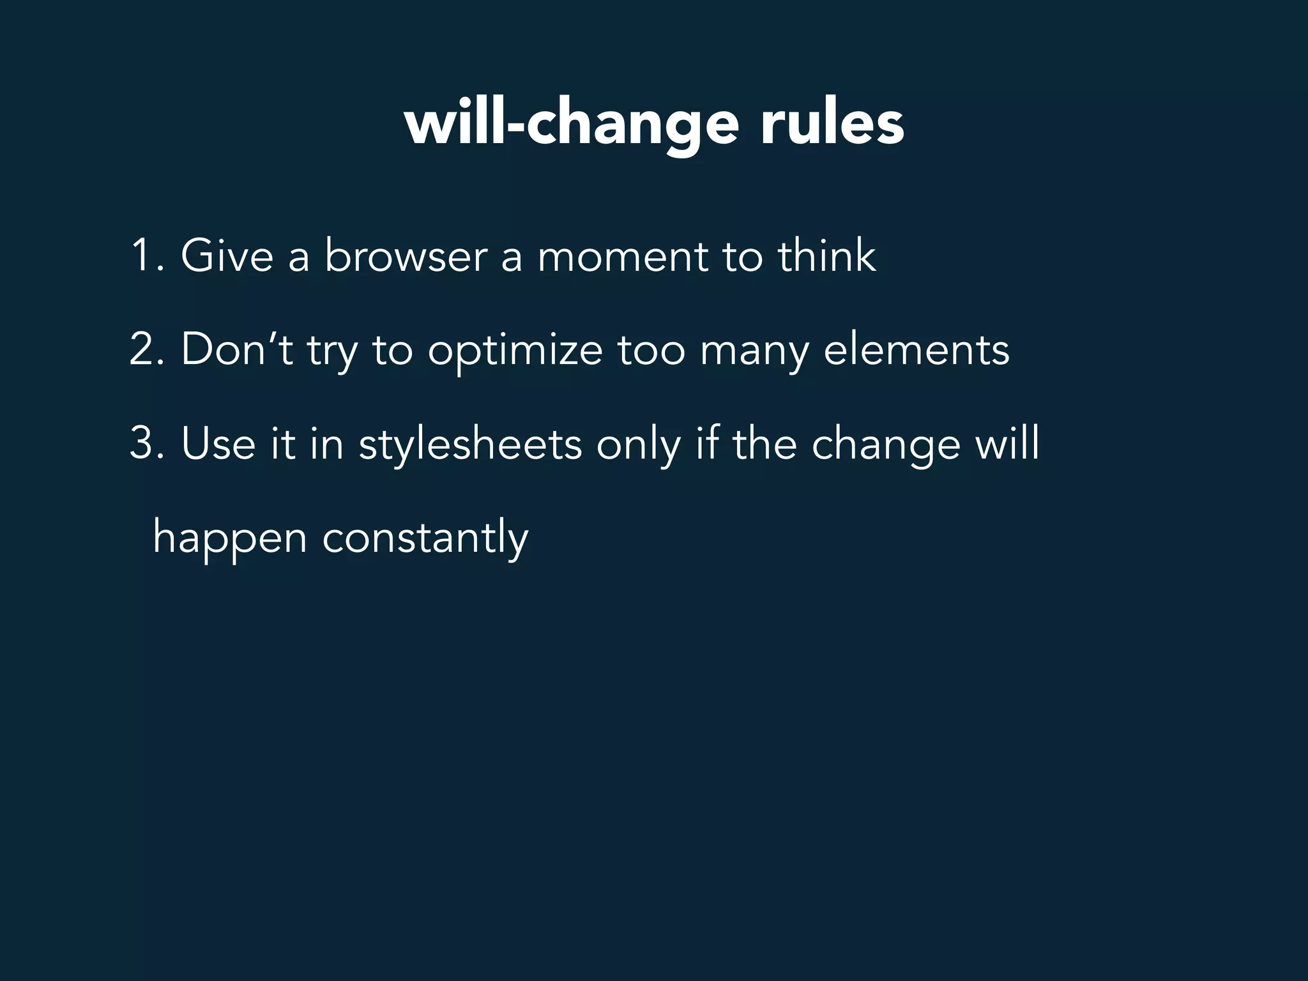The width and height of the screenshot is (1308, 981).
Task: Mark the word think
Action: (826, 255)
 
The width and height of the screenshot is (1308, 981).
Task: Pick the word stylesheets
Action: (470, 445)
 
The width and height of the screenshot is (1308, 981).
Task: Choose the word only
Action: (638, 445)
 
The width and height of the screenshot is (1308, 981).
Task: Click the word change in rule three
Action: (886, 446)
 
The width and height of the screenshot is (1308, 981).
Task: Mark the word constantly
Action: (425, 538)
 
